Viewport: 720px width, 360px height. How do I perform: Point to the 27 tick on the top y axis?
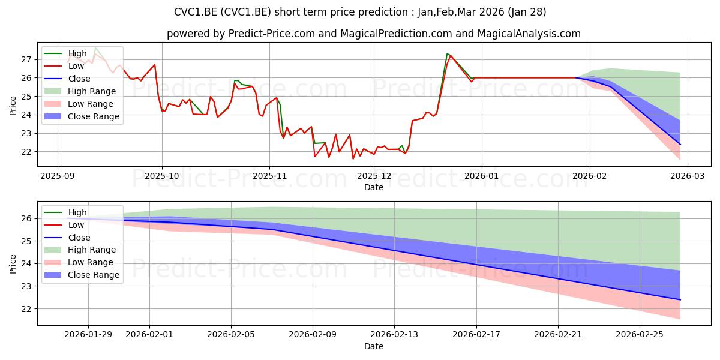coord(25,59)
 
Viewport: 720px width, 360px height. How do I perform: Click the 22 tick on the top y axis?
coord(25,152)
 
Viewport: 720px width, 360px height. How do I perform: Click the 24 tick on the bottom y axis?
coord(25,264)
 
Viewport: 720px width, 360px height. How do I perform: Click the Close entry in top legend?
coord(79,79)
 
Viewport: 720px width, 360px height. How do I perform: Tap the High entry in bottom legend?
coord(77,212)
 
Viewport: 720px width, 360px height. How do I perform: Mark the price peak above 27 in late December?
coord(448,53)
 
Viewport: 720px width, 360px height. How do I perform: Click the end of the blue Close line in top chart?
coord(680,144)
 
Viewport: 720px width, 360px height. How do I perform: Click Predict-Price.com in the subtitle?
coord(272,34)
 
